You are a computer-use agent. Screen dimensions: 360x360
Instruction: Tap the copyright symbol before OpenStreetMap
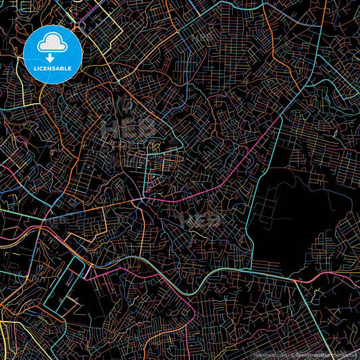pyautogui.click(x=292, y=354)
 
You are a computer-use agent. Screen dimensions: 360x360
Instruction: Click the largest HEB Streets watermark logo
pyautogui.click(x=125, y=128)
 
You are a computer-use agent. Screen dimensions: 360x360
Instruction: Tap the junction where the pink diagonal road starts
pyautogui.click(x=140, y=201)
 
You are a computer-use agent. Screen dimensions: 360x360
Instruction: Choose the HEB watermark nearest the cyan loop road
pyautogui.click(x=55, y=220)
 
